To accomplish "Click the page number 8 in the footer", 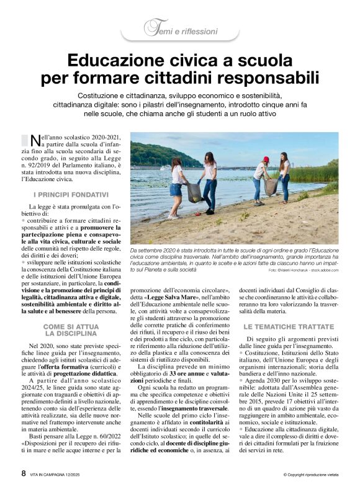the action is pos(24,473).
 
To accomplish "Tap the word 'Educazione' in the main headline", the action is pos(122,61).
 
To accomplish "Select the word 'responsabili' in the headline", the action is pos(273,79).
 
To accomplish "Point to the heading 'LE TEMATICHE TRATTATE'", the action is pos(289,326).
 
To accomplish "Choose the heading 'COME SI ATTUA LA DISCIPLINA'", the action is pos(71,329).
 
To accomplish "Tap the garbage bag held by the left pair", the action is pos(195,192).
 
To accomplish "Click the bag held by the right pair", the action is pos(271,186).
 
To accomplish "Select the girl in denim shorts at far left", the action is pos(176,186).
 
